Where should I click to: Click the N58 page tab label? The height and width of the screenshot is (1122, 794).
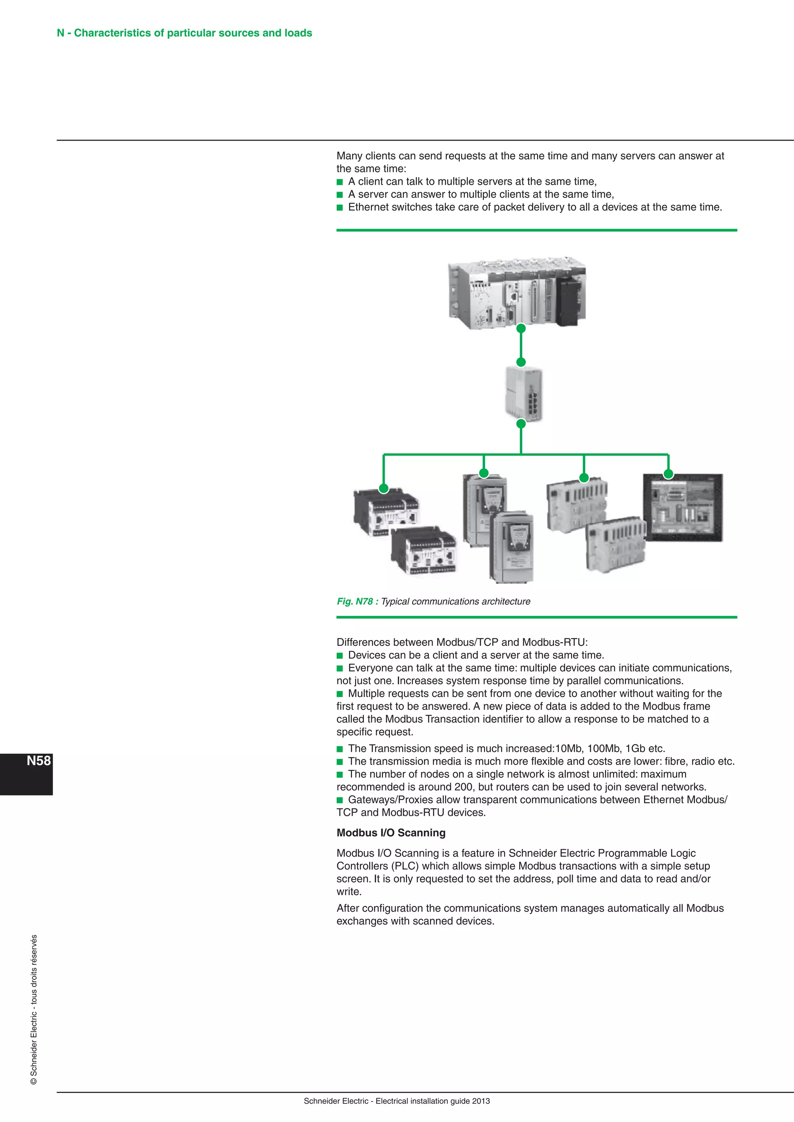pos(39,761)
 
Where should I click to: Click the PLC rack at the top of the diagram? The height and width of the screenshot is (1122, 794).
pos(517,293)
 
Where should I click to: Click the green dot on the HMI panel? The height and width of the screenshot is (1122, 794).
pos(668,473)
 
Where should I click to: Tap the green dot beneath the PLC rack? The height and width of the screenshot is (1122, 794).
pos(521,329)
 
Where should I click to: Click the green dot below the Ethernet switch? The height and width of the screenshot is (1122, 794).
pos(521,424)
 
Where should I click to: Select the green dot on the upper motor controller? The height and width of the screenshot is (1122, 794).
pos(384,488)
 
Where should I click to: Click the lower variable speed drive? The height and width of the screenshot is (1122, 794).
pos(512,547)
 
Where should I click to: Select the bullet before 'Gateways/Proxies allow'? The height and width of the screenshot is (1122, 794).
pos(340,800)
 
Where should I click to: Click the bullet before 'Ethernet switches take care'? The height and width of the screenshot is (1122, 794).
pos(340,207)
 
